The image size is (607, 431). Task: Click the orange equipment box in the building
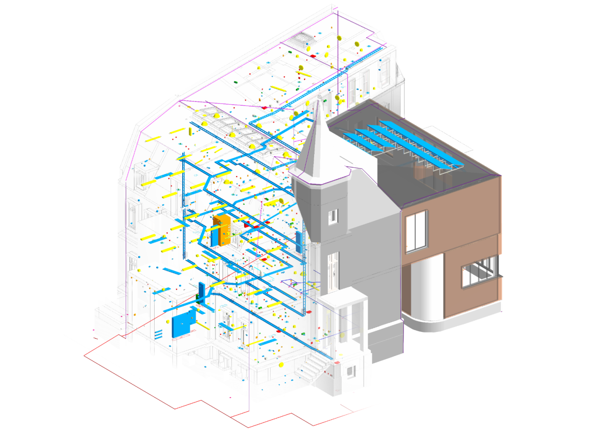pyautogui.click(x=222, y=229)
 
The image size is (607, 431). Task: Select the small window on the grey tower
pyautogui.click(x=332, y=217)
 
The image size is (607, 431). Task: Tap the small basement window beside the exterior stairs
pyautogui.click(x=351, y=371)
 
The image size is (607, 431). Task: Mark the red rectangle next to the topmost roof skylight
pyautogui.click(x=313, y=56)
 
